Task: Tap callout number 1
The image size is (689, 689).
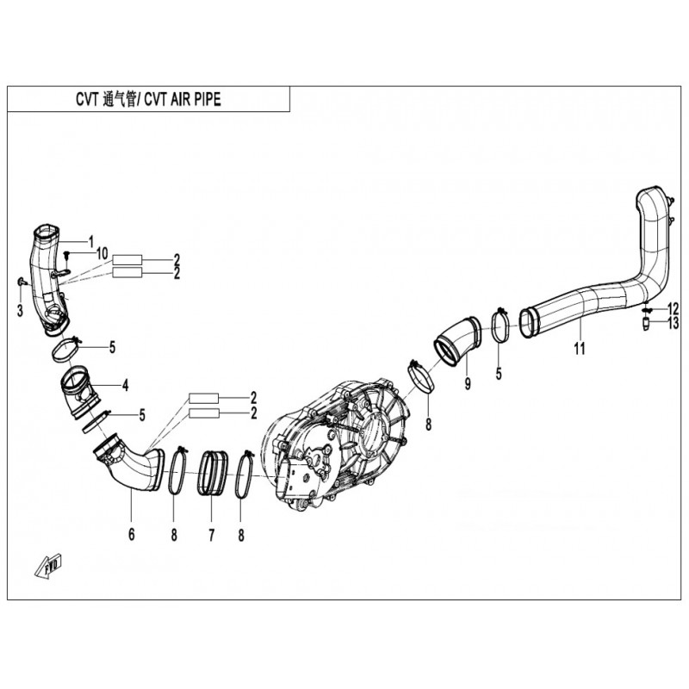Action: [x=91, y=241]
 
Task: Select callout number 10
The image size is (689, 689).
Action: [x=102, y=253]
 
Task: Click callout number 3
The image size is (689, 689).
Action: [x=20, y=311]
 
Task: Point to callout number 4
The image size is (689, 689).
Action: [x=126, y=386]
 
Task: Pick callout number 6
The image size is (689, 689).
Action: [x=132, y=534]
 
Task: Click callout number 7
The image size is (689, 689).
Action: [x=211, y=535]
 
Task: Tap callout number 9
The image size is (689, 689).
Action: [x=468, y=383]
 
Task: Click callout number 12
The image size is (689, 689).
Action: [x=673, y=307]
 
